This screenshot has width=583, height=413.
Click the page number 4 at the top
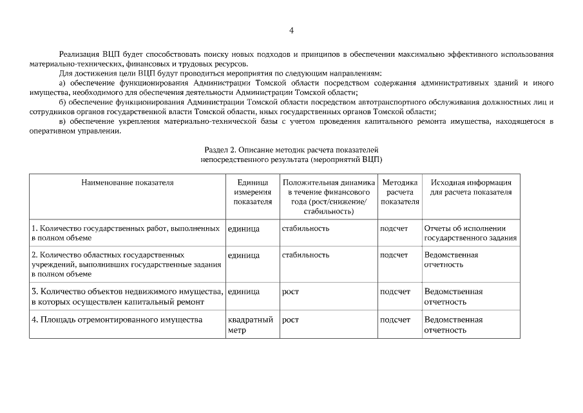tap(291, 30)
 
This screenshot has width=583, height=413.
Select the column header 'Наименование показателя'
tap(127, 183)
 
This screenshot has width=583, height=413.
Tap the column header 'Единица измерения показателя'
tap(253, 192)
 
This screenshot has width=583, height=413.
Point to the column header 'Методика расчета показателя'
tap(399, 192)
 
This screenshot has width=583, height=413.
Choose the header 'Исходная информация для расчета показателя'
tap(471, 187)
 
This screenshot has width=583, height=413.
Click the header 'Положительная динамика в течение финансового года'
tap(329, 197)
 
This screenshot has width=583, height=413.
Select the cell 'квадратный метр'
tap(250, 325)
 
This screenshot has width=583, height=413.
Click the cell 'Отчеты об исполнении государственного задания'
tap(470, 233)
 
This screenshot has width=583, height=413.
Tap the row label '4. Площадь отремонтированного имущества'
tap(117, 319)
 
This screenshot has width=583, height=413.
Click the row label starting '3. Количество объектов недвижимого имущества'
tap(128, 296)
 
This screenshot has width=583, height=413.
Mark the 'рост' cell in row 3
tap(291, 292)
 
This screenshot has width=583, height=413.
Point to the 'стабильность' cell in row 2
tap(305, 255)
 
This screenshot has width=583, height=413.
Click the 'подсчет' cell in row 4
tap(395, 319)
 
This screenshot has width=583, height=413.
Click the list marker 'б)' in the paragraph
tap(62, 102)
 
